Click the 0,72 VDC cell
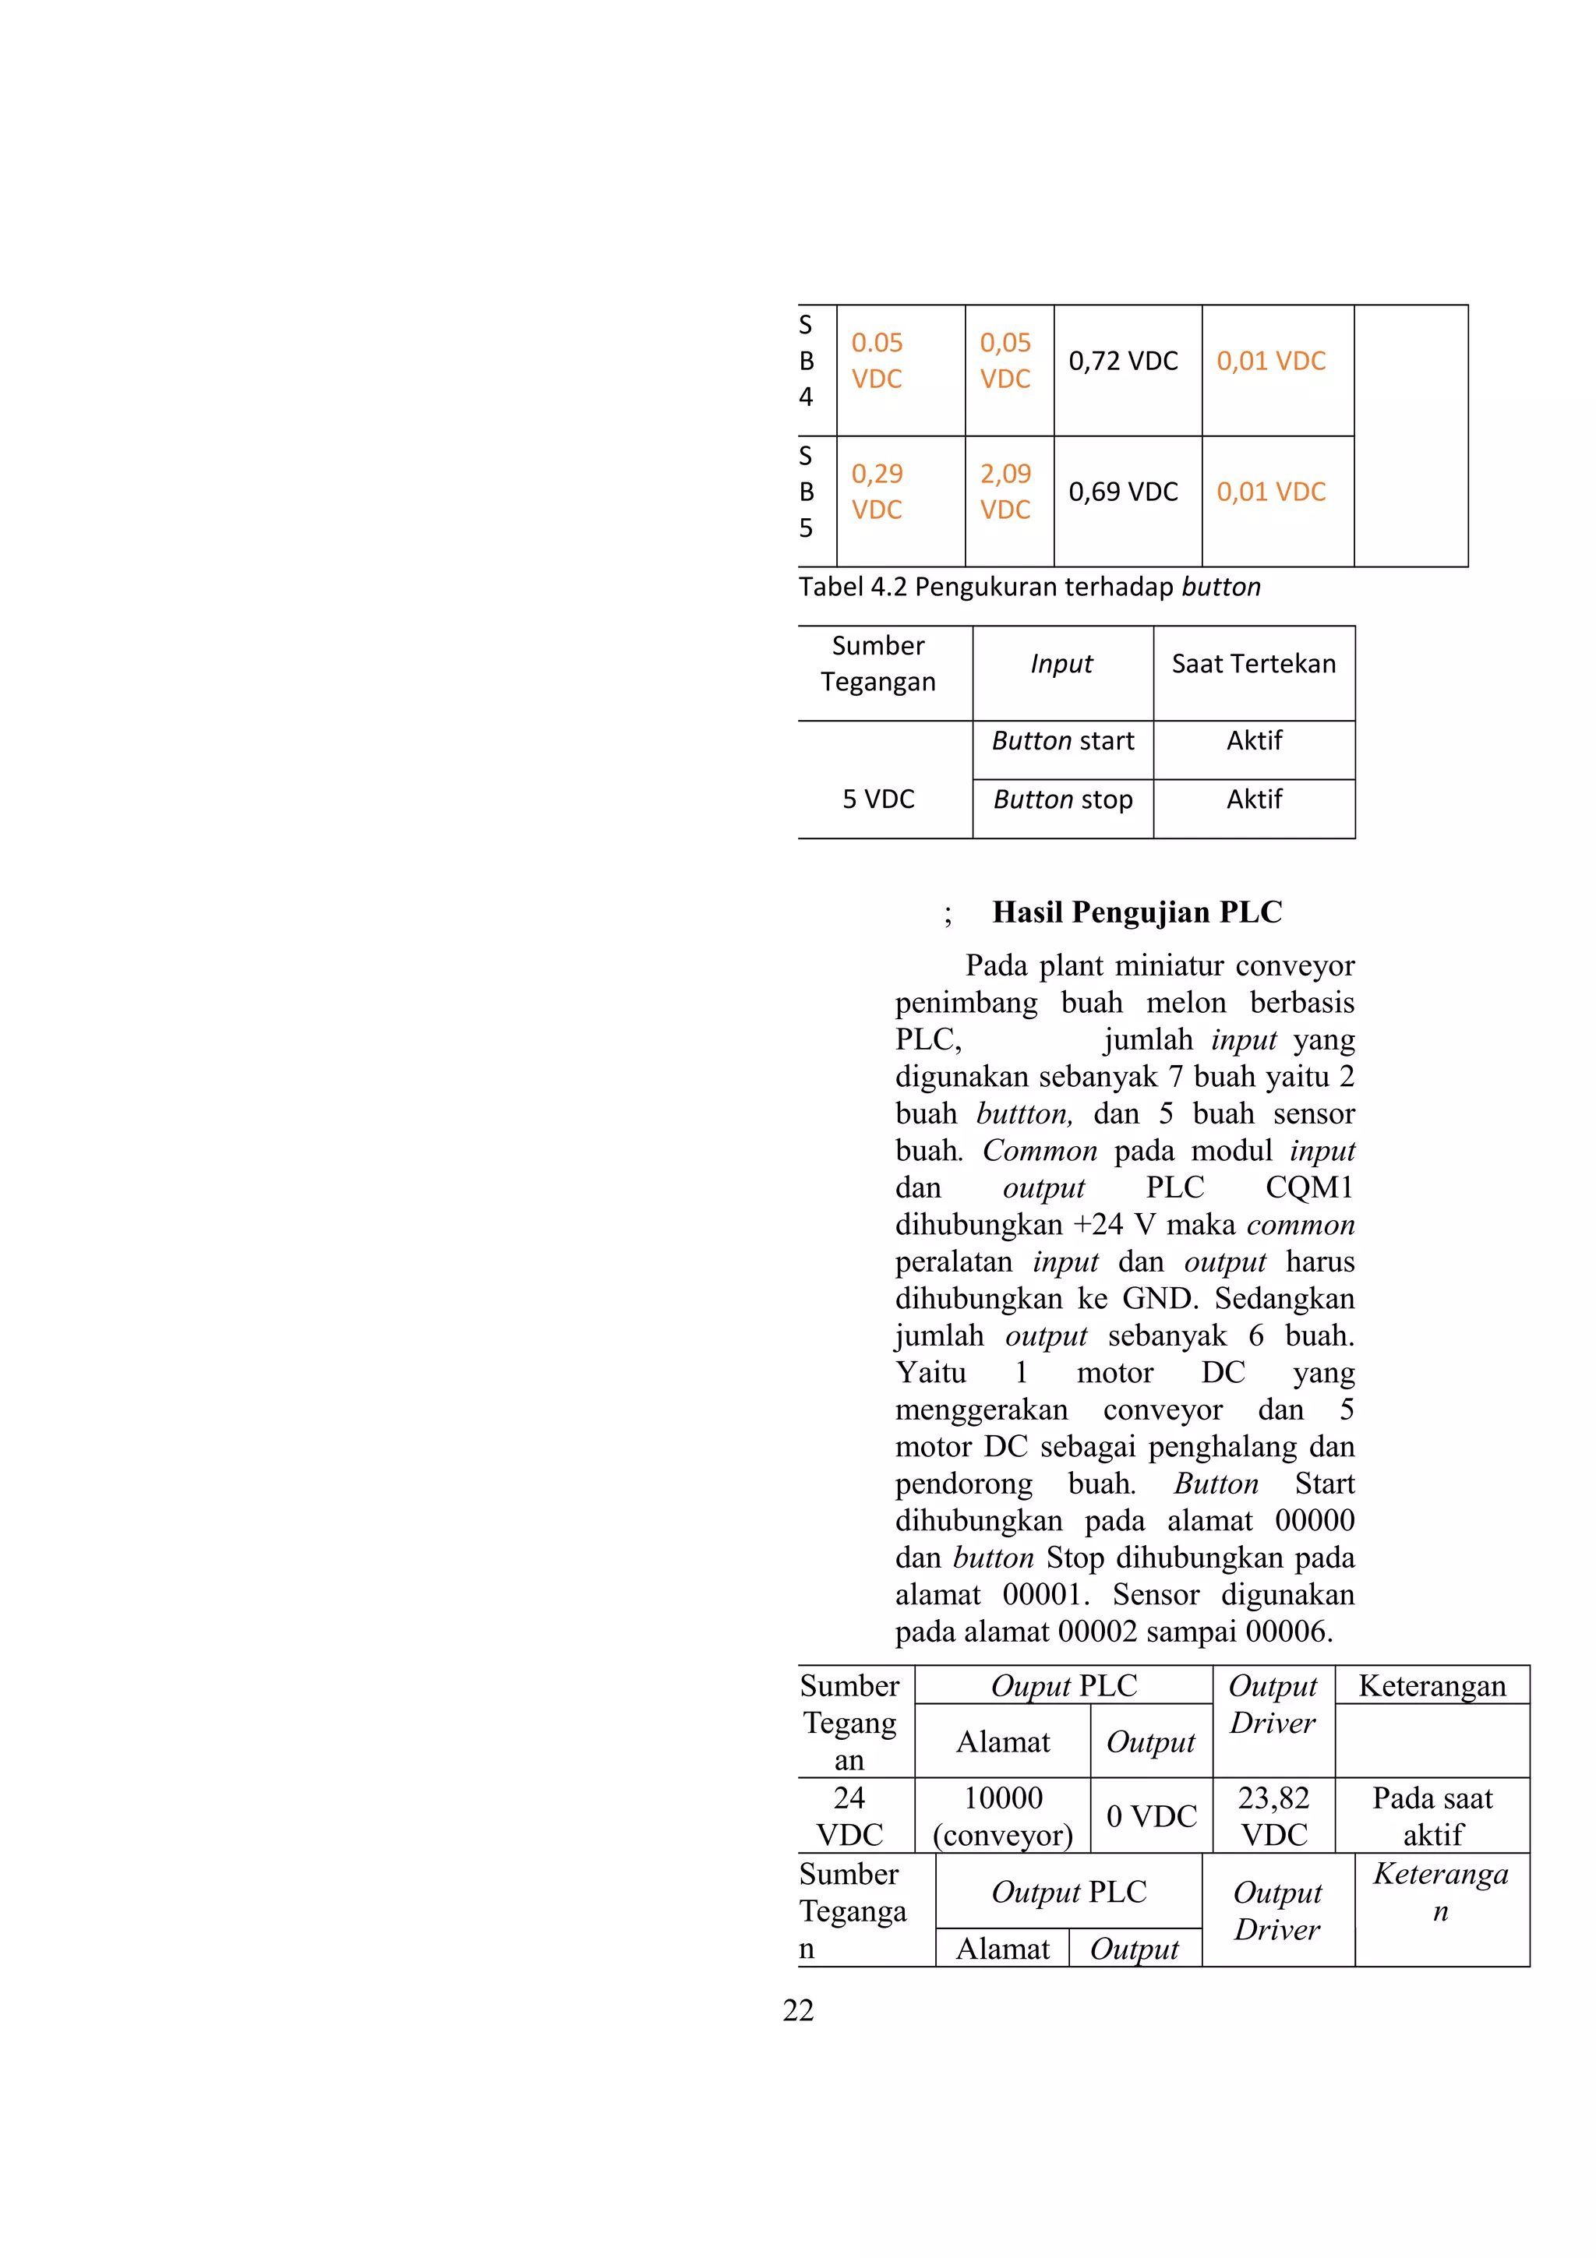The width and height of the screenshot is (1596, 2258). coord(1123,361)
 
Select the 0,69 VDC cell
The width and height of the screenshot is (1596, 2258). coord(1123,492)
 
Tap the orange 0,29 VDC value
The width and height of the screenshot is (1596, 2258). coord(876,492)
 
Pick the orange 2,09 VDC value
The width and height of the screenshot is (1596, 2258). coord(1005,492)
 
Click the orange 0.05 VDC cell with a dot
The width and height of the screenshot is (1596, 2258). coord(876,361)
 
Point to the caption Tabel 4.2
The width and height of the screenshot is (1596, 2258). coord(1029,587)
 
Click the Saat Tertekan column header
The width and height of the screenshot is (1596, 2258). coord(1253,664)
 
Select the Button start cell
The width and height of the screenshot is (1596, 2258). coord(1062,740)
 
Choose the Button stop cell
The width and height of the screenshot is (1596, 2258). coord(1062,799)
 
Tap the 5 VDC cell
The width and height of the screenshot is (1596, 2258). coord(878,799)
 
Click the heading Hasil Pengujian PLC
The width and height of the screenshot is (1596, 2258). coord(1137,912)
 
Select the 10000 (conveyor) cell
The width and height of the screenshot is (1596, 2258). coord(1002,1815)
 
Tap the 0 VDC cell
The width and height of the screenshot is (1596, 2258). coord(1150,1815)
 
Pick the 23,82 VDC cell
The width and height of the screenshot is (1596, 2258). coord(1273,1815)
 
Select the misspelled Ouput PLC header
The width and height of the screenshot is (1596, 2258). coord(1063,1685)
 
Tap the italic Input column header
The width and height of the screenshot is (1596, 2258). coord(1061,664)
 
